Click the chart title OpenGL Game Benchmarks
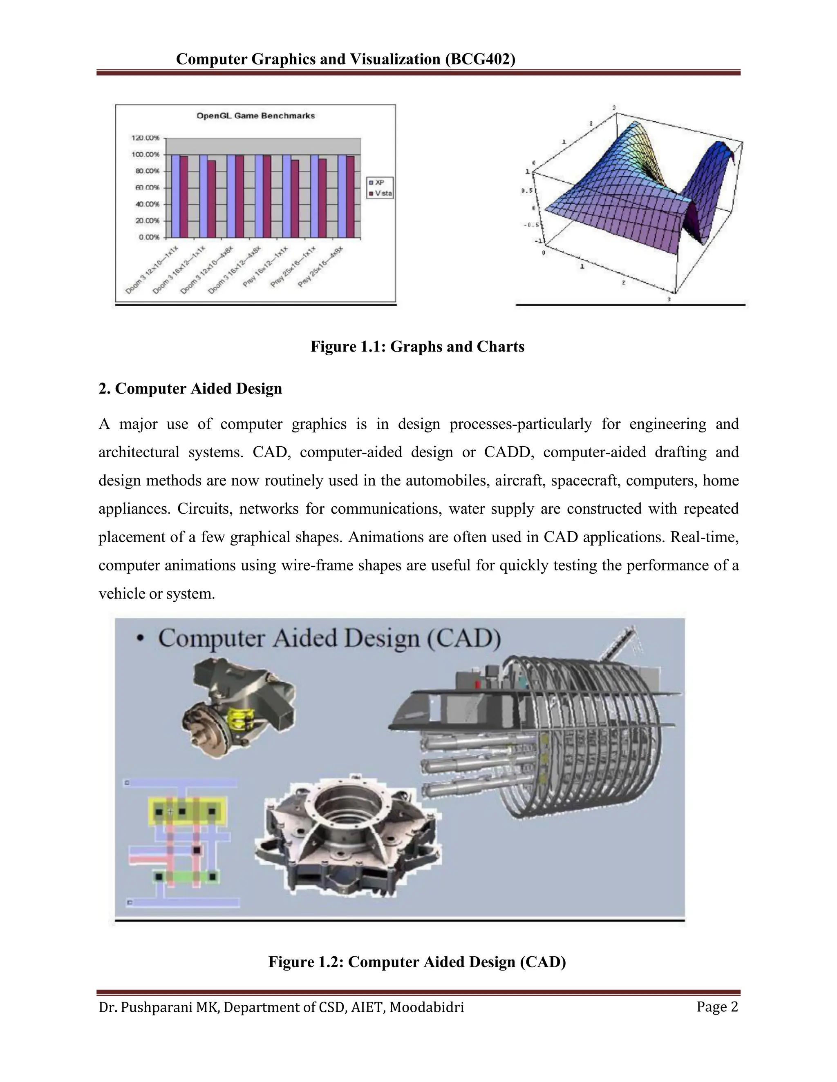point(255,116)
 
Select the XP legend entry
point(380,183)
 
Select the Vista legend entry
point(381,194)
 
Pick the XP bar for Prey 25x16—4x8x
point(342,196)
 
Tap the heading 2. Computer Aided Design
point(190,388)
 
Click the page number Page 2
point(717,1007)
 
